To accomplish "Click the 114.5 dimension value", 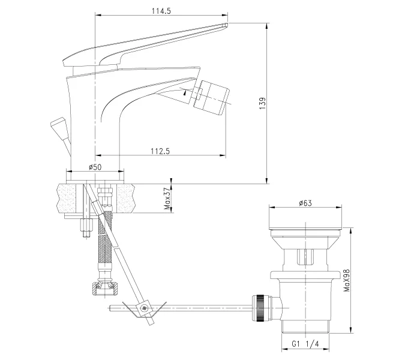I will click(160, 10).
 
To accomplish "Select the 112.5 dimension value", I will click(159, 151).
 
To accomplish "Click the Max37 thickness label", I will click(168, 197).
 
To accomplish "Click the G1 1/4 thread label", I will click(305, 344).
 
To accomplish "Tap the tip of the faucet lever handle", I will click(224, 25).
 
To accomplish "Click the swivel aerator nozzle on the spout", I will click(214, 96).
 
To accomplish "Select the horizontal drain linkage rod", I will click(198, 308).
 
